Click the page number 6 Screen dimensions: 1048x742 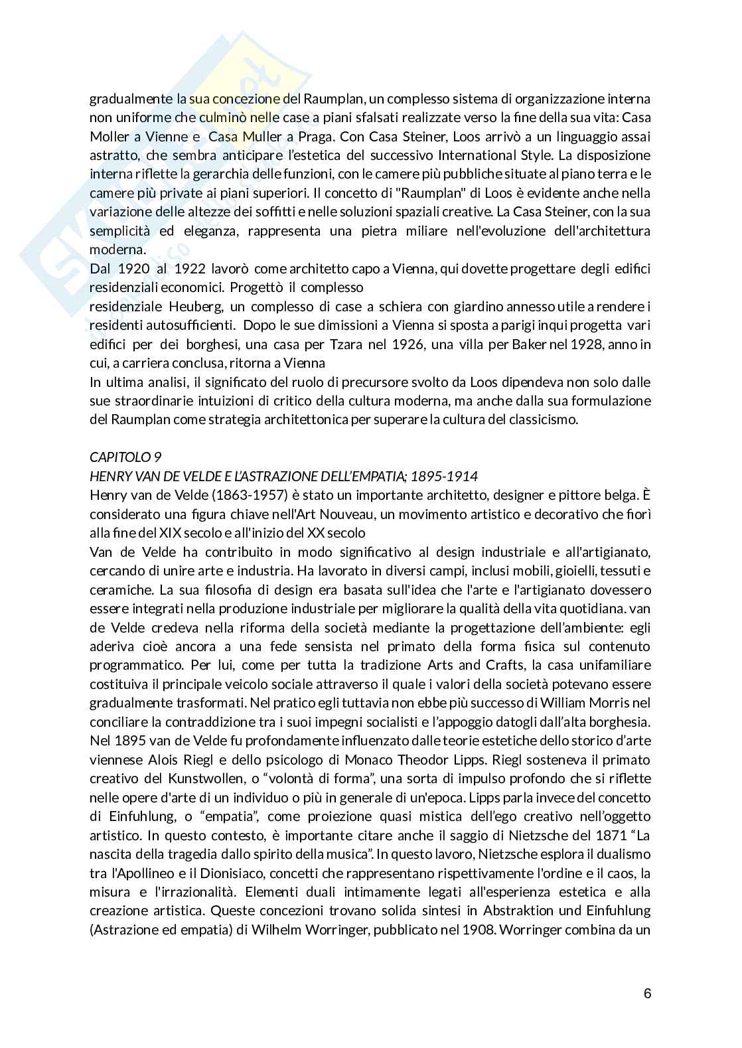(647, 994)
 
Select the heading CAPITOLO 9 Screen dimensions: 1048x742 (125, 457)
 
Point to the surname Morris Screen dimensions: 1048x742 (613, 702)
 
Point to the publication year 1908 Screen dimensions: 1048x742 (477, 929)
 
